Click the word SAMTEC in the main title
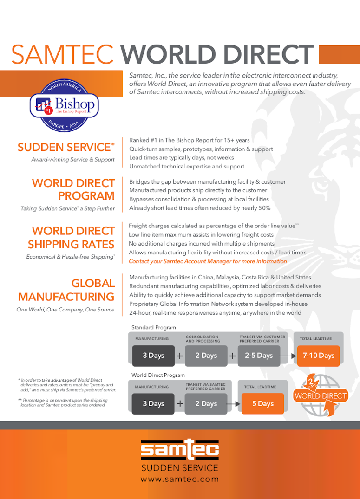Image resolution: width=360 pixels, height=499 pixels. click(63, 55)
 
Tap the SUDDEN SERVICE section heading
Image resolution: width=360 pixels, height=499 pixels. click(65, 147)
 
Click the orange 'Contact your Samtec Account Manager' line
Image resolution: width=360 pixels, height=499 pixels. click(208, 261)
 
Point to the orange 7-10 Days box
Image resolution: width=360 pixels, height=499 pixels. click(319, 356)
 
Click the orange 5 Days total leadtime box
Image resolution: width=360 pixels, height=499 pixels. click(262, 404)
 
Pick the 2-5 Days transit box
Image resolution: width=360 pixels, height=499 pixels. click(259, 356)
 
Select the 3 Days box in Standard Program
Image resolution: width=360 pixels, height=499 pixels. click(153, 356)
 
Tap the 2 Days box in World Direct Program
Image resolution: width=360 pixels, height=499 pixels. click(206, 404)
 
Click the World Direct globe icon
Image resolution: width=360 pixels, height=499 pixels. click(321, 395)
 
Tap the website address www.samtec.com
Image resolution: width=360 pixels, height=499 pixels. click(180, 479)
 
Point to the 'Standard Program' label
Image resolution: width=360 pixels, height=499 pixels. click(153, 327)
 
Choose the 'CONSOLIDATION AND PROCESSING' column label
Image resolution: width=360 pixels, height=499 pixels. click(203, 339)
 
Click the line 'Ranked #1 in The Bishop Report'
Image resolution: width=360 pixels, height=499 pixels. click(189, 140)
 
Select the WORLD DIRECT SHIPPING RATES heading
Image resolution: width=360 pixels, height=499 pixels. click(71, 238)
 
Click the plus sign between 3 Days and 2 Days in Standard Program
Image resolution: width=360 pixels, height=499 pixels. click(180, 356)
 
